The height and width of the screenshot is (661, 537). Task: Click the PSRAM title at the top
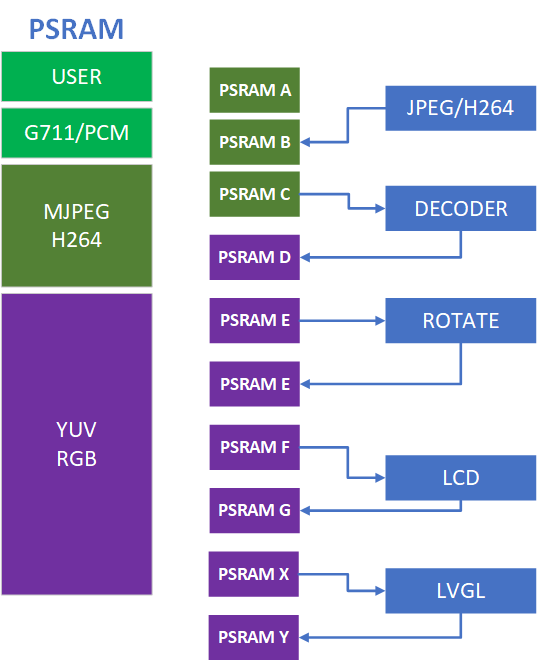click(76, 29)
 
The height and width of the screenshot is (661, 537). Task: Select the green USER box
click(77, 77)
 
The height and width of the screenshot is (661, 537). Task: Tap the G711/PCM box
click(77, 132)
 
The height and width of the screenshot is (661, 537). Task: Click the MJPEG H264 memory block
click(77, 226)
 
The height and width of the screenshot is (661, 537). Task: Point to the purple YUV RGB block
click(77, 444)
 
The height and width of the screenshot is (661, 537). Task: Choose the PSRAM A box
click(255, 90)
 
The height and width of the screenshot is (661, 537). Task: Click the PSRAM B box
click(255, 141)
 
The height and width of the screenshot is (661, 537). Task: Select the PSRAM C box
click(255, 193)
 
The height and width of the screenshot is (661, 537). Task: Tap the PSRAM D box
click(255, 257)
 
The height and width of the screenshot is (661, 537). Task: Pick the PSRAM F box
click(255, 447)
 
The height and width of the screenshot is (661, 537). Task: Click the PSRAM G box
click(255, 510)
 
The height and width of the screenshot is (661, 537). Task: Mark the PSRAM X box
click(255, 574)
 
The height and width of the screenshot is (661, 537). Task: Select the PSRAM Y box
click(255, 637)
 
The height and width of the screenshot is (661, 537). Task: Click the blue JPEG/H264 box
click(461, 108)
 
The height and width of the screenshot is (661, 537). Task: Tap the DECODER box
click(461, 209)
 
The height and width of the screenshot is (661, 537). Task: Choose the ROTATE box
click(461, 321)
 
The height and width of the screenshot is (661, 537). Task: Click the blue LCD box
click(461, 478)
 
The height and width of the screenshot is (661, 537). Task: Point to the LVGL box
click(461, 590)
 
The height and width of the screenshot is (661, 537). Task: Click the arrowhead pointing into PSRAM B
click(306, 142)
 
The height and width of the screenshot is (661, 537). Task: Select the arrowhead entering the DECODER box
click(380, 209)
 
